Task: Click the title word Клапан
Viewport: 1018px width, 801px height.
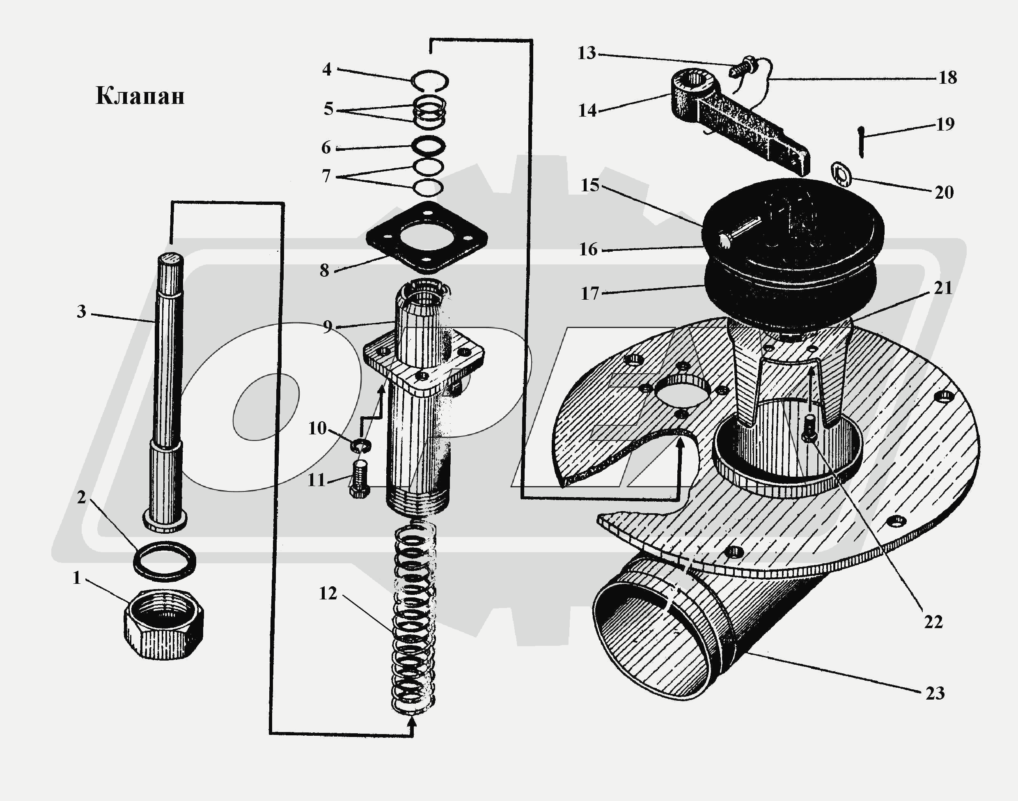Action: point(140,96)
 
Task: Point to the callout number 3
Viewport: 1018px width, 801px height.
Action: point(81,311)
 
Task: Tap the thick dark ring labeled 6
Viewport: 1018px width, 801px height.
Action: point(429,146)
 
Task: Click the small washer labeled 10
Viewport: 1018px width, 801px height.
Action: point(360,445)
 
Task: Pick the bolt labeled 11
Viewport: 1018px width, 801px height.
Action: point(360,479)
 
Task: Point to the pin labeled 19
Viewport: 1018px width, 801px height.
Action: point(861,142)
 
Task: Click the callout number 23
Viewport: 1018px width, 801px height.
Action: point(935,693)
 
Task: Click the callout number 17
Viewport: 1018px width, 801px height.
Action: point(590,294)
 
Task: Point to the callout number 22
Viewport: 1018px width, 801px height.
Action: point(933,622)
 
